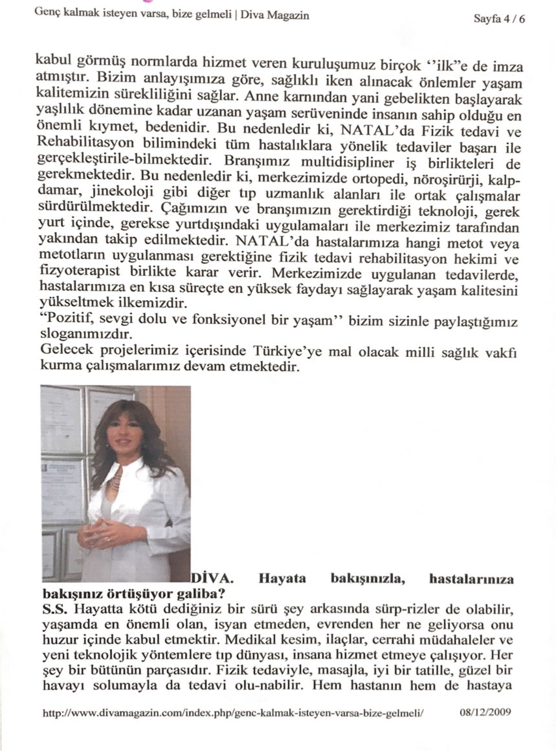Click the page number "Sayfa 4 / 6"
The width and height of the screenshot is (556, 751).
(x=499, y=19)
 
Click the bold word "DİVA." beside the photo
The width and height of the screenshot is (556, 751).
(x=212, y=579)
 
